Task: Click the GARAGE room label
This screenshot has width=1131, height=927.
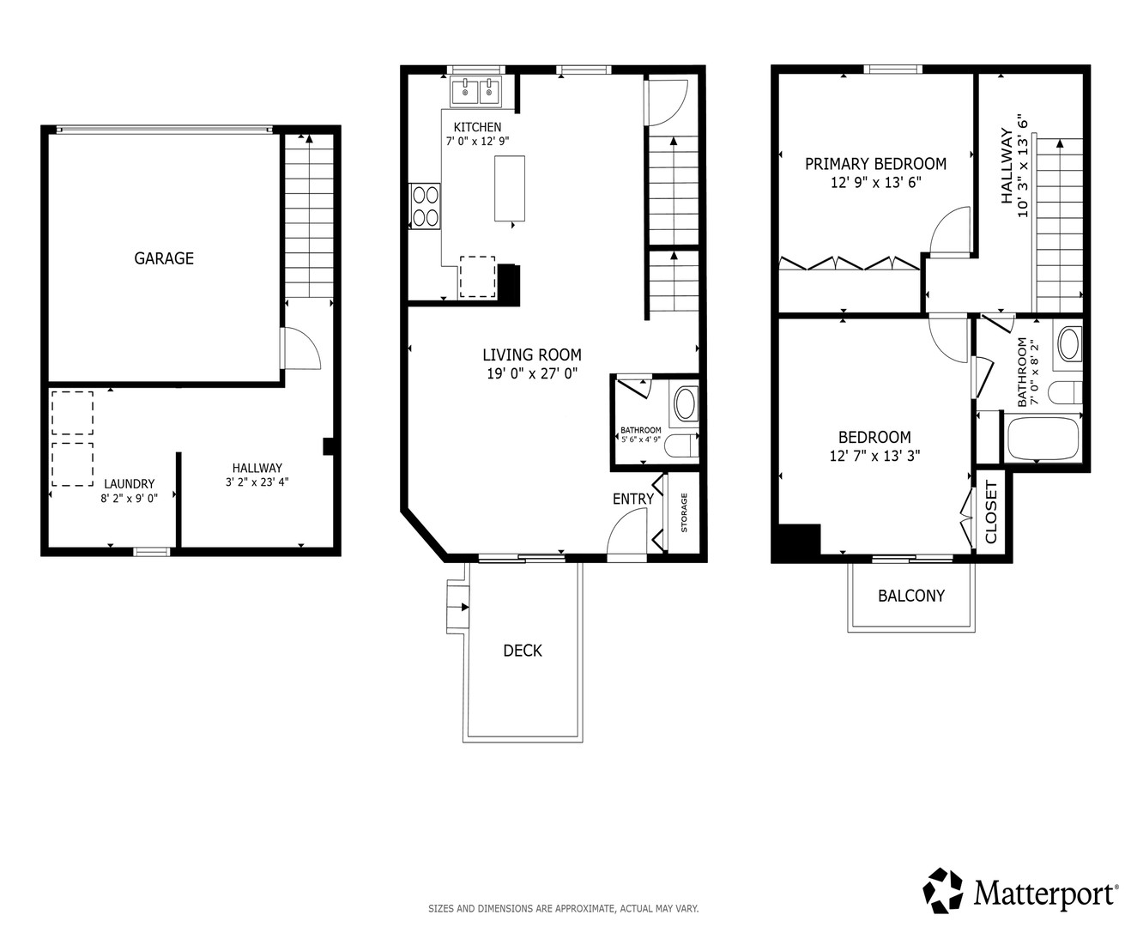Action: pos(164,258)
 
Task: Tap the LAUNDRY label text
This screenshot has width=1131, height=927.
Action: pos(130,483)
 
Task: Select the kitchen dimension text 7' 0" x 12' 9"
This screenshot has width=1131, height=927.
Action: pos(477,141)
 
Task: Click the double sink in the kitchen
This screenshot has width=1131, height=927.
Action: pos(476,91)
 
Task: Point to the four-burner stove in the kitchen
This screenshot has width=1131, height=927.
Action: pos(425,207)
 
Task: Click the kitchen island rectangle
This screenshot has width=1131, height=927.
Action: pos(510,188)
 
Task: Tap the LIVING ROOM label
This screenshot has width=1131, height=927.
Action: pos(532,354)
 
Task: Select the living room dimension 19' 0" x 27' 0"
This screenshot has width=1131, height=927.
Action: pos(532,373)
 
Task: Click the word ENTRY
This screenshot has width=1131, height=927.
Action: pos(633,499)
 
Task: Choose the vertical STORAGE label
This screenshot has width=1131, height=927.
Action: pos(684,512)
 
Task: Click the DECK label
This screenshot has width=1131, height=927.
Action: pos(523,651)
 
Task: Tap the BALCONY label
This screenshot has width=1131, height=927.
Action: pos(911,596)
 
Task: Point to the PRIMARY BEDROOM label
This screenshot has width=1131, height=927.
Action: pos(876,164)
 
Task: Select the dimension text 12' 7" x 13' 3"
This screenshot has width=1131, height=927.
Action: pos(874,456)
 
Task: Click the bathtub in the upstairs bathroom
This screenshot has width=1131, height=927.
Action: pos(1043,439)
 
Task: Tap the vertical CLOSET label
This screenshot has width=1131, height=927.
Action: pos(990,512)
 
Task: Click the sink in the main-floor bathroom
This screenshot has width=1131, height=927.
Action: pos(686,404)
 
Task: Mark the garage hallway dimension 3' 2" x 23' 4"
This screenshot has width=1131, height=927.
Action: pos(257,482)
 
